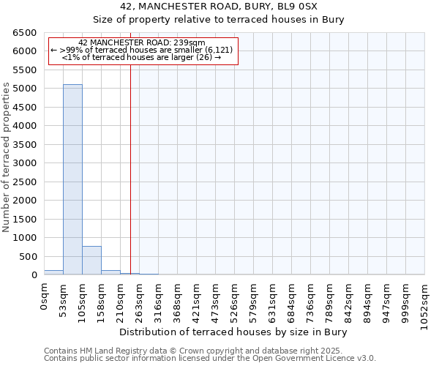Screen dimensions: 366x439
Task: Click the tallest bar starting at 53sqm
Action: [x=72, y=179]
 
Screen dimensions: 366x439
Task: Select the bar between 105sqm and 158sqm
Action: [x=91, y=261]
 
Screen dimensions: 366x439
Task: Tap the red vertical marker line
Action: [x=130, y=168]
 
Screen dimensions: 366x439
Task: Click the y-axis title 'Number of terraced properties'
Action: [x=7, y=157]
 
